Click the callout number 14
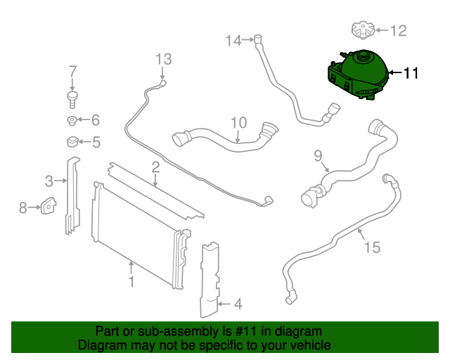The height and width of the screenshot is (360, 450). pyautogui.click(x=233, y=41)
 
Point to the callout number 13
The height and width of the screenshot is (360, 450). pyautogui.click(x=163, y=58)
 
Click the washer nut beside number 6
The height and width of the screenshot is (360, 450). pyautogui.click(x=72, y=120)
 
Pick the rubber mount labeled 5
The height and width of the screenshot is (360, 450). pyautogui.click(x=72, y=142)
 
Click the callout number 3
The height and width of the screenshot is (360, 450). pyautogui.click(x=49, y=181)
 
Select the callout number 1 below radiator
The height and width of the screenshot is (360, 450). pyautogui.click(x=131, y=283)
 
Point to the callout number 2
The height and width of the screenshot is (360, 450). pyautogui.click(x=155, y=167)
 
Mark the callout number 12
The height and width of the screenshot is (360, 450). pyautogui.click(x=398, y=31)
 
